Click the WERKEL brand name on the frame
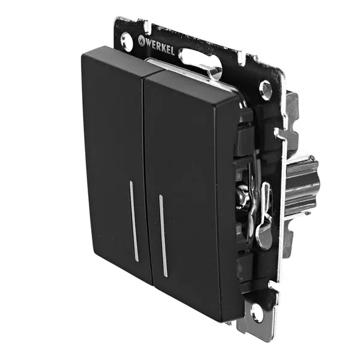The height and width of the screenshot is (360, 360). [x=159, y=47]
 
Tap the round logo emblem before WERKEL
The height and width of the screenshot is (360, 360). [x=141, y=40]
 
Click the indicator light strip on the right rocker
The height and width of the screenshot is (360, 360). [x=163, y=236]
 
